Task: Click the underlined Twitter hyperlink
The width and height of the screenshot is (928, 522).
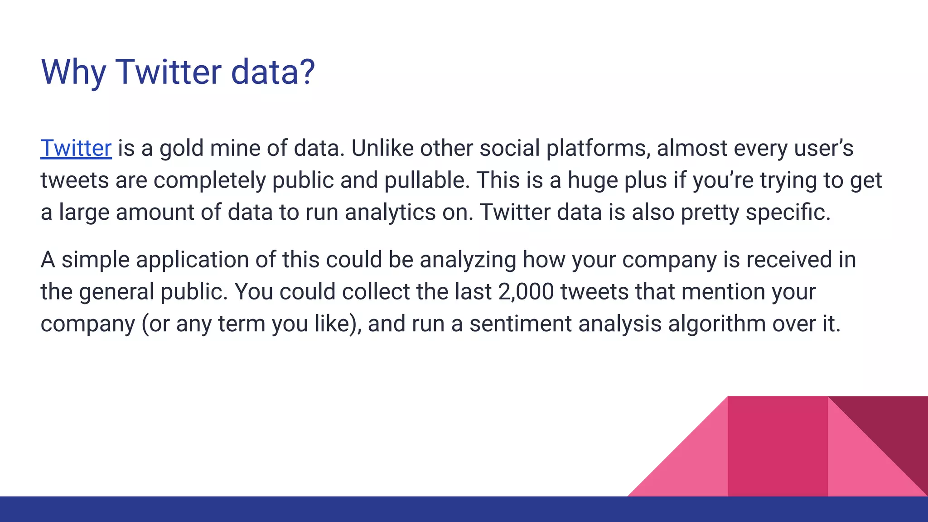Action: tap(76, 148)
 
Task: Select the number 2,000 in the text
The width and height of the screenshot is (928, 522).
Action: tap(526, 291)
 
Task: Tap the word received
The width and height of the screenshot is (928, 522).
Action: tap(788, 260)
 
